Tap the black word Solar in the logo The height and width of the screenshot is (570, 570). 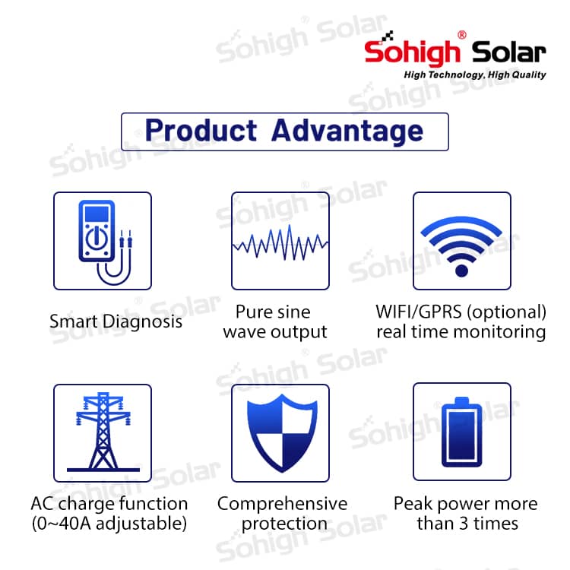509,52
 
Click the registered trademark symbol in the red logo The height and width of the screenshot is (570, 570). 462,35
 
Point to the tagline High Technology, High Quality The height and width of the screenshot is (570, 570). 475,75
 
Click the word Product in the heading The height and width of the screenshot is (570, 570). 201,131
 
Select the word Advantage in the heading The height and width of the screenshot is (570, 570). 347,131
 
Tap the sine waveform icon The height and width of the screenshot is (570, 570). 280,242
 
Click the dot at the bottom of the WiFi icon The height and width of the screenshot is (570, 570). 461,271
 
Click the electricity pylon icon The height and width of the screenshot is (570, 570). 103,432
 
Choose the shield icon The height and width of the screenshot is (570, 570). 282,433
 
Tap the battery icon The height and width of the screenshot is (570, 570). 461,432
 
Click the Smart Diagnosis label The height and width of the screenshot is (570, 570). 116,321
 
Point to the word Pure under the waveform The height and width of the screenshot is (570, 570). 254,312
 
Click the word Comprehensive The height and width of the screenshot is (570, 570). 283,505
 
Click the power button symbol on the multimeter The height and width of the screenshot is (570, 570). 97,238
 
